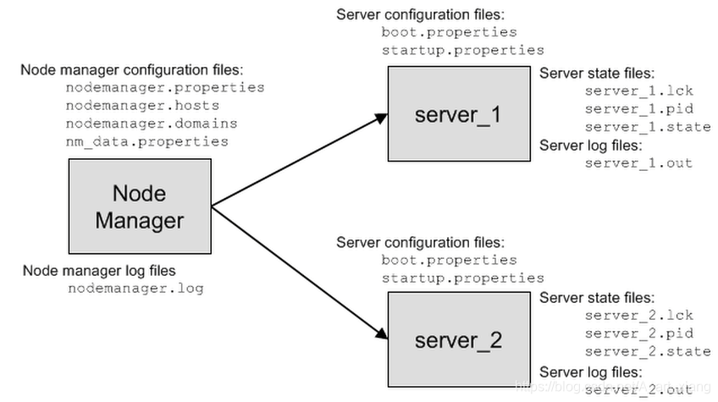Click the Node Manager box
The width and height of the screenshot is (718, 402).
tap(139, 206)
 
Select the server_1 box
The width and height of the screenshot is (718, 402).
tap(458, 113)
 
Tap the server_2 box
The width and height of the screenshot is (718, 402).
tap(458, 339)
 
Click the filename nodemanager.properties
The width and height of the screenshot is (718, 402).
tap(165, 87)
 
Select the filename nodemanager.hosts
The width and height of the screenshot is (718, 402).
tap(142, 106)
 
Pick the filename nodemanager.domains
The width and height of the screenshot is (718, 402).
tap(152, 124)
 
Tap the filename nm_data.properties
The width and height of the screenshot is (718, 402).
tap(147, 141)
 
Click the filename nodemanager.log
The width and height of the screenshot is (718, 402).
tap(135, 288)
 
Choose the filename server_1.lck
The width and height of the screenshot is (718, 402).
tap(638, 91)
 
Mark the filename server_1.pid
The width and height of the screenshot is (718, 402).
tap(638, 108)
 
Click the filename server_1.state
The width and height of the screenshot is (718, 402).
tap(647, 127)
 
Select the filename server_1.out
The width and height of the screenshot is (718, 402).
tap(638, 162)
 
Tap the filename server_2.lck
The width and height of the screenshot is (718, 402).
tap(638, 316)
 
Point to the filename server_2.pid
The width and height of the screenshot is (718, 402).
tap(638, 333)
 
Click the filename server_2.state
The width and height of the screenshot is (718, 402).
tap(647, 352)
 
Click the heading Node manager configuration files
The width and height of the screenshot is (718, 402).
tap(131, 69)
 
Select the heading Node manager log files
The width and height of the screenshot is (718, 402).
tap(99, 271)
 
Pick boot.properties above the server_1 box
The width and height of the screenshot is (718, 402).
tap(449, 32)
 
